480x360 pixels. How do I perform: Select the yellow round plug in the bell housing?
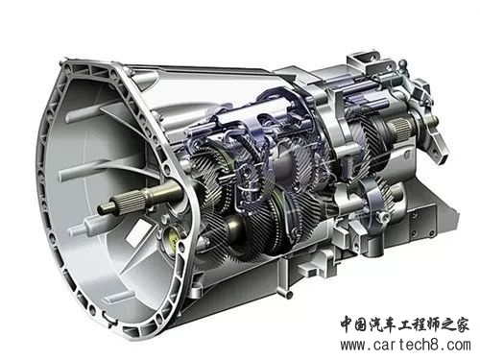click(172, 239)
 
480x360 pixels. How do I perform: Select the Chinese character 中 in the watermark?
click(348, 325)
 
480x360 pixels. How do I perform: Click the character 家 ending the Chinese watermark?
click(462, 325)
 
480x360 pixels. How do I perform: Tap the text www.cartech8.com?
click(405, 346)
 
